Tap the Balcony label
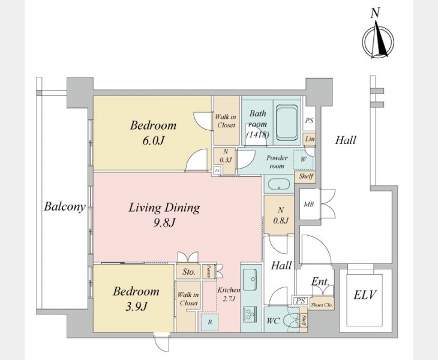pos(64,207)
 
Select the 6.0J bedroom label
pos(154,132)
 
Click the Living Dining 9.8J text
pos(164,215)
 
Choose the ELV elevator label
pos(365,295)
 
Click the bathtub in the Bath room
pos(287,123)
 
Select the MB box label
pos(308,204)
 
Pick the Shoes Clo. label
pos(322,305)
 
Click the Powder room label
pos(277,161)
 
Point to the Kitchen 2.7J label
pos(229,294)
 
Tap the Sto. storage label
pos(189,272)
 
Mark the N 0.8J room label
pos(280,215)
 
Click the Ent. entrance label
pos(319,282)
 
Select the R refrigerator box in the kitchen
pos(209,320)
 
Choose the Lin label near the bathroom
pos(310,139)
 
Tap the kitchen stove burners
pos(248,316)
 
